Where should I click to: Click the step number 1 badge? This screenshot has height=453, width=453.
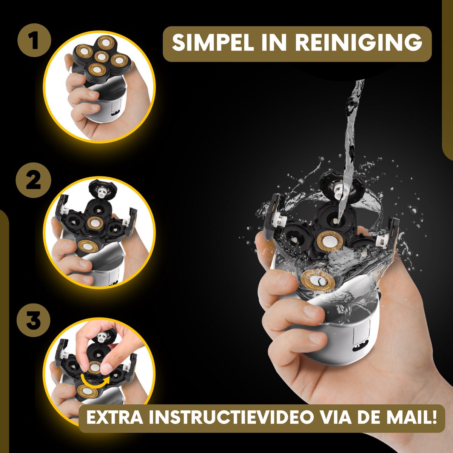point(34,40)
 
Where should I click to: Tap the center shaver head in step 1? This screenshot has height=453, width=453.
point(102,56)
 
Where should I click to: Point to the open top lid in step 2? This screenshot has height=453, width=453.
point(103,189)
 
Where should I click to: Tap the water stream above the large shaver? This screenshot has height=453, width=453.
point(351,132)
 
